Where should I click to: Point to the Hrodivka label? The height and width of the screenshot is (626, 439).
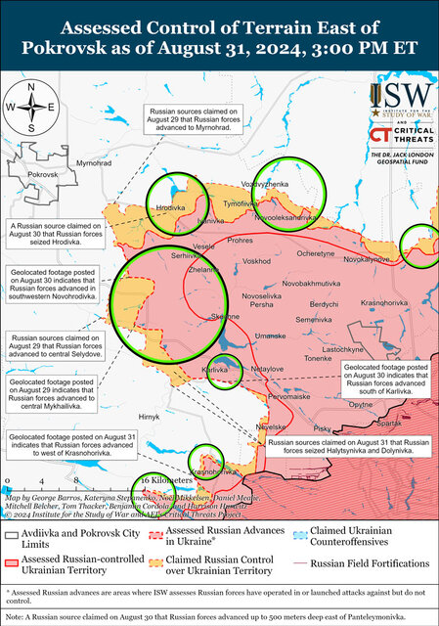171,208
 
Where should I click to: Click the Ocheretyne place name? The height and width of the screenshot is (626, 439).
316,253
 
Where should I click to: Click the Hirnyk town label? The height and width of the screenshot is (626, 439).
149,417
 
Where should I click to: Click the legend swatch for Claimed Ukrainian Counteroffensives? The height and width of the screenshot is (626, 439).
298,534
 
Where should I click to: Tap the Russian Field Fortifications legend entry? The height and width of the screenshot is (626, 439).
366,563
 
